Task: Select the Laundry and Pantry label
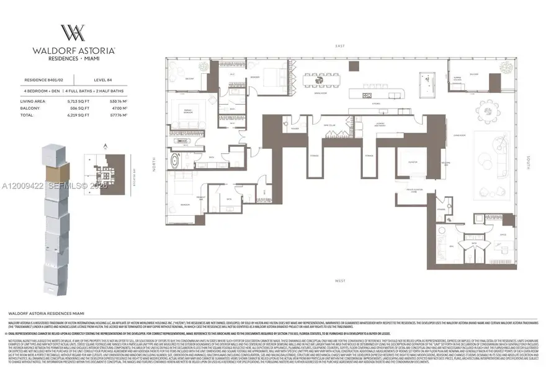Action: (380, 125)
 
